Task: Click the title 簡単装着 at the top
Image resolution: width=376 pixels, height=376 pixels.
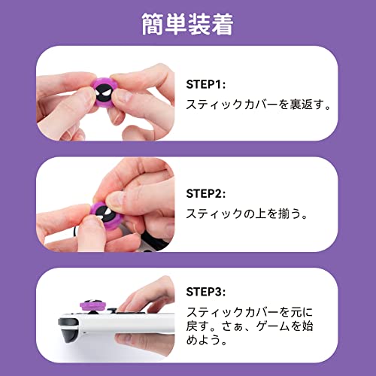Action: point(187,24)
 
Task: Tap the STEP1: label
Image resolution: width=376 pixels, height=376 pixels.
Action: point(206,84)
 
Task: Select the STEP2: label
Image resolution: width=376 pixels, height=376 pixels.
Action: point(206,193)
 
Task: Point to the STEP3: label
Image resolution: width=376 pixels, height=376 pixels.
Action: point(206,292)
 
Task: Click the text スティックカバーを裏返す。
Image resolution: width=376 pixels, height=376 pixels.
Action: point(259,105)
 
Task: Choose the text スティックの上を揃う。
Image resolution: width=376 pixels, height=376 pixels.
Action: point(247,214)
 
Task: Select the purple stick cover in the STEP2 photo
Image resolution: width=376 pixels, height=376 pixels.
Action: point(104,216)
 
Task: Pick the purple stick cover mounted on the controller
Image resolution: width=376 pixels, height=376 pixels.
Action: point(92,305)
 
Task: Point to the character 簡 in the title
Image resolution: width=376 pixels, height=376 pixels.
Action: point(153,24)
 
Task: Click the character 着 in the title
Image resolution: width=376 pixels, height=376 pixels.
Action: point(223,24)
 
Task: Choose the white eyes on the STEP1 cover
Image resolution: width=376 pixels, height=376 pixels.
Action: point(104,95)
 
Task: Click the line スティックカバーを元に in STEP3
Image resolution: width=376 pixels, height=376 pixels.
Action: point(250,312)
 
